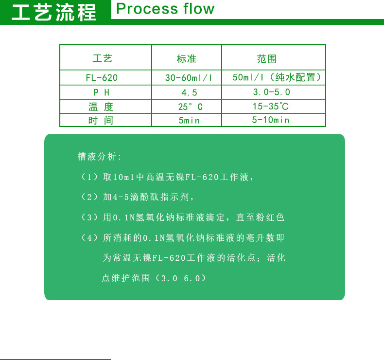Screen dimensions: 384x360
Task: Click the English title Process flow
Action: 165,9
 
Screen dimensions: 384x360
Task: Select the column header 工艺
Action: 103,58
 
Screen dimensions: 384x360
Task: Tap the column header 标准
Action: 186,59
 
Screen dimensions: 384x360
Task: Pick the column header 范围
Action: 267,59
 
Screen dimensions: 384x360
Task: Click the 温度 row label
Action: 101,107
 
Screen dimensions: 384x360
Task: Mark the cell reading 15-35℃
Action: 270,106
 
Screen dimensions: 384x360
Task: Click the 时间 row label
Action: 101,120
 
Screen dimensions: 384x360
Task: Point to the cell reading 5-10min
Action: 270,120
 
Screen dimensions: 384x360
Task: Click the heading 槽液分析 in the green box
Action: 99,157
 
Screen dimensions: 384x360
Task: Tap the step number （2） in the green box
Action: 89,197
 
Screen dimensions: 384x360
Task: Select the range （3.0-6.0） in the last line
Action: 183,278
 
